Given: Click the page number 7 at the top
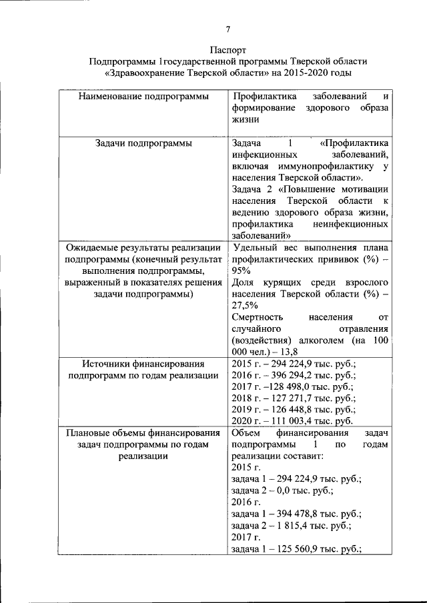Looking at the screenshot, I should (x=228, y=29).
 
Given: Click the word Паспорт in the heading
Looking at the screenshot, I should (x=228, y=50).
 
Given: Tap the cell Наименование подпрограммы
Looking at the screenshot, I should (x=143, y=97).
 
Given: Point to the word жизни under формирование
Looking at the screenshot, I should (x=244, y=120).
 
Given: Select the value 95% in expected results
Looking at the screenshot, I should (x=241, y=271).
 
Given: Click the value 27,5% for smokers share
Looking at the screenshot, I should (x=244, y=305).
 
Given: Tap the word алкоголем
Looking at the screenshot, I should (x=318, y=340).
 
